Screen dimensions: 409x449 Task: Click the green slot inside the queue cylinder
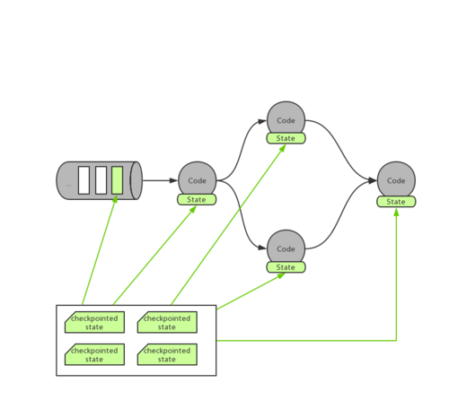pos(117,180)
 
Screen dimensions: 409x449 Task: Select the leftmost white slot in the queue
pos(84,180)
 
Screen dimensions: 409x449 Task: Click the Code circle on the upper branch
pos(286,119)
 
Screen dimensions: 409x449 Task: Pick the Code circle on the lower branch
pos(286,248)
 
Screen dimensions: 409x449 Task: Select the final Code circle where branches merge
pos(395,179)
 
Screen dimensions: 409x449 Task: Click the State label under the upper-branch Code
pos(286,138)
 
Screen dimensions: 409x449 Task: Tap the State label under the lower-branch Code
pos(286,267)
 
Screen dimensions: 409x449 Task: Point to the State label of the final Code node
pos(395,201)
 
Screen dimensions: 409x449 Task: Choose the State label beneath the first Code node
pos(197,199)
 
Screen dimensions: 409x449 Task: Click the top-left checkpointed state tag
pos(95,323)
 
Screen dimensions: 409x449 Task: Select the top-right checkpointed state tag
pos(167,323)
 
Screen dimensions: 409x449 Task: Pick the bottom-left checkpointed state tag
pos(95,354)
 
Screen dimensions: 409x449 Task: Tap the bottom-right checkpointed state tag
pos(167,354)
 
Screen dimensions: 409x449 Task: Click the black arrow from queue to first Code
pos(160,180)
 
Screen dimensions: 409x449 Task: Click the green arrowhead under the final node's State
pos(397,215)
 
